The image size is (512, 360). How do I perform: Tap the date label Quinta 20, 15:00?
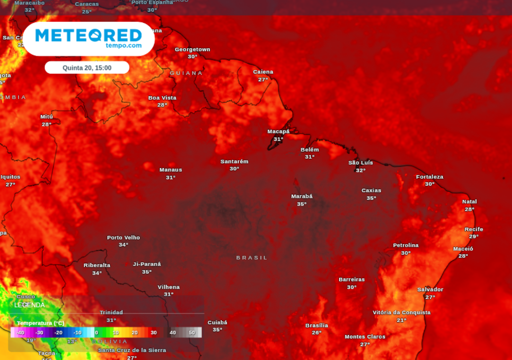pyautogui.click(x=87, y=67)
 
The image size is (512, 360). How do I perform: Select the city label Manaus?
pyautogui.click(x=170, y=170)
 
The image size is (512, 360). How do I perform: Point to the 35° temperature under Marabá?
pyautogui.click(x=301, y=204)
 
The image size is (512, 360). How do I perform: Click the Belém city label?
pyautogui.click(x=309, y=149)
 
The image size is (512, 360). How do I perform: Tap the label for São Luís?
pyautogui.click(x=360, y=163)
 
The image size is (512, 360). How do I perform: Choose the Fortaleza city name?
pyautogui.click(x=429, y=177)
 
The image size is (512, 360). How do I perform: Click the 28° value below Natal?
pyautogui.click(x=469, y=209)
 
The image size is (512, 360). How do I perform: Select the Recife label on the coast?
pyautogui.click(x=473, y=229)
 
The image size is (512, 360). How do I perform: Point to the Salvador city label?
pyautogui.click(x=430, y=289)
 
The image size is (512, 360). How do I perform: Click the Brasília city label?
pyautogui.click(x=316, y=325)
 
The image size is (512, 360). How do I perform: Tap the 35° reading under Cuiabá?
pyautogui.click(x=217, y=330)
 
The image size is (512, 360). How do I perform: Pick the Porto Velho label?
pyautogui.click(x=123, y=237)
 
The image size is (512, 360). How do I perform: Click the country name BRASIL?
pyautogui.click(x=252, y=258)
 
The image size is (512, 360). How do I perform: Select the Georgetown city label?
pyautogui.click(x=192, y=49)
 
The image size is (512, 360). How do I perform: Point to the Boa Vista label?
pyautogui.click(x=162, y=98)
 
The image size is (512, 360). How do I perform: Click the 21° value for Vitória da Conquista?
pyautogui.click(x=401, y=320)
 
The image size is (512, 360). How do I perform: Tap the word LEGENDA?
pyautogui.click(x=29, y=305)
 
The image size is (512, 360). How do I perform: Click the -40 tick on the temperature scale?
pyautogui.click(x=20, y=332)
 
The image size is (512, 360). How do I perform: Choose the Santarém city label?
pyautogui.click(x=234, y=161)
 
